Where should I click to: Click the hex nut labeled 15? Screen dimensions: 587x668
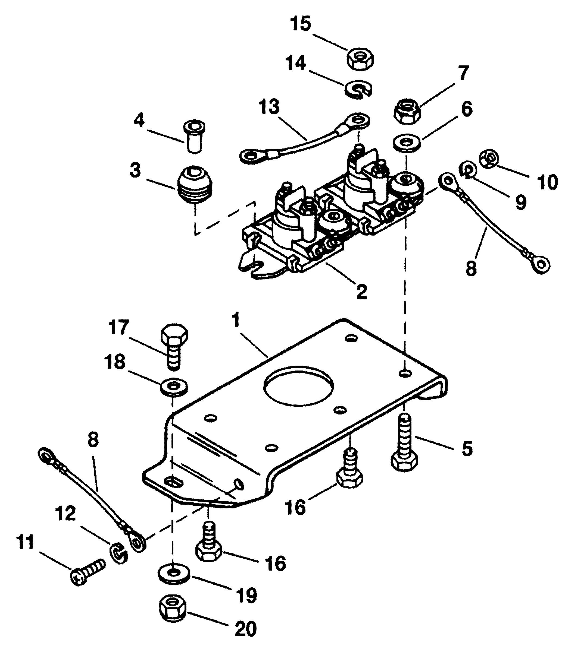pyautogui.click(x=360, y=59)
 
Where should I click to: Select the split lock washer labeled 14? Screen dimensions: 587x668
pyautogui.click(x=359, y=89)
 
